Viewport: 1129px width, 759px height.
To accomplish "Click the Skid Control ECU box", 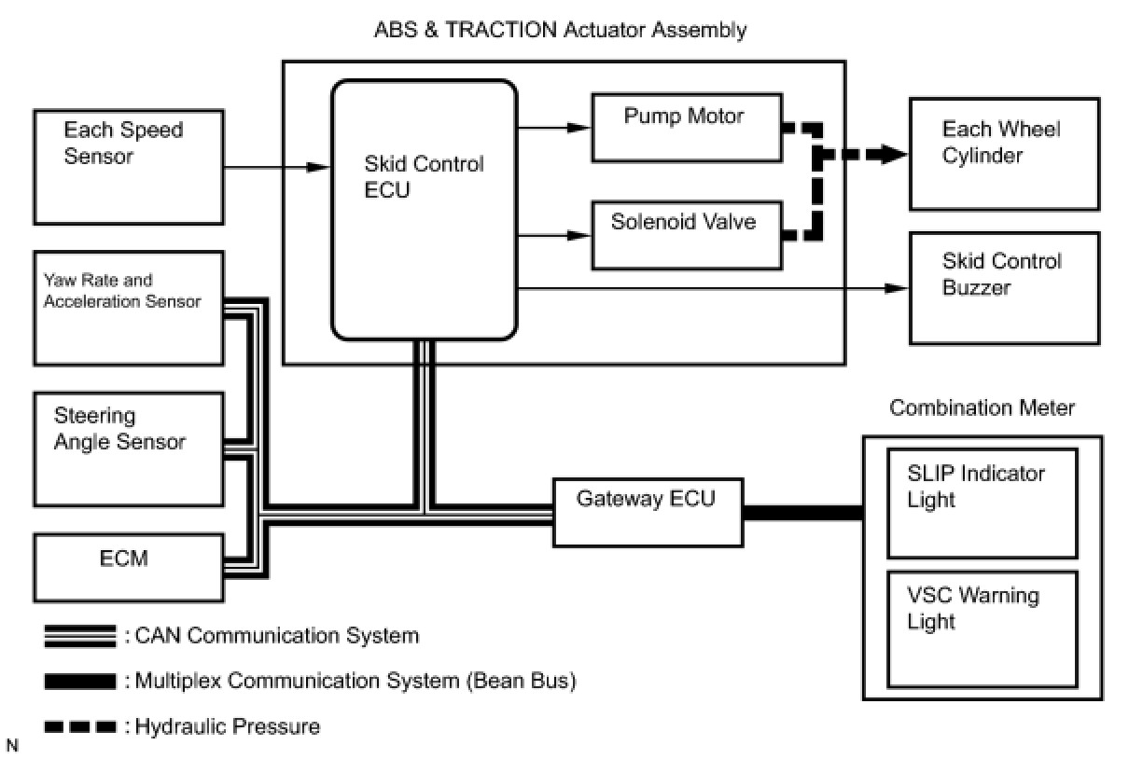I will coord(425,210).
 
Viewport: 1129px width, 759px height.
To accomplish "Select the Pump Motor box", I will coord(686,127).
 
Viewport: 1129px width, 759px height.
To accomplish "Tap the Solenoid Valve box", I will coord(686,235).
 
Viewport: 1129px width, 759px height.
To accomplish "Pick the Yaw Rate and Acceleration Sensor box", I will coord(128,307).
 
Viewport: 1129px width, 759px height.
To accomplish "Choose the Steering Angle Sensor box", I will coord(128,448).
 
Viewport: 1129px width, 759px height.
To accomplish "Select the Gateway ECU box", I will coord(648,512).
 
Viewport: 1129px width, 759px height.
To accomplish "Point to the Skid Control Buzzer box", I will coord(1004,287).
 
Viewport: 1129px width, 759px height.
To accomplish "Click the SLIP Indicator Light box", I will coord(982,502).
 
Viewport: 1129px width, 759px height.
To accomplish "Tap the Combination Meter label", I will coord(982,407).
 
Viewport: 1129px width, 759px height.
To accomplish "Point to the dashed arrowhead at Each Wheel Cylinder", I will coord(897,154).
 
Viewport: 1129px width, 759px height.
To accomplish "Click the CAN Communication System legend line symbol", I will coord(80,637).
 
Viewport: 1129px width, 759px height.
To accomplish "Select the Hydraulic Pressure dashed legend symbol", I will coord(80,726).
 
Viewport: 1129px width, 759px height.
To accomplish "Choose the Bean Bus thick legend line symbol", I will coord(80,682).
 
